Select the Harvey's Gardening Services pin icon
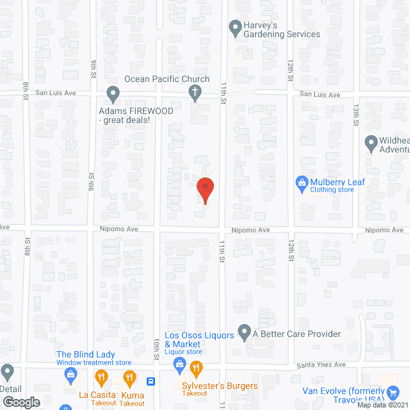tap(234, 27)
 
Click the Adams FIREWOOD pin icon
tap(113, 95)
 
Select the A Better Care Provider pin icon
tap(244, 332)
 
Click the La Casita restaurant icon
tap(98, 377)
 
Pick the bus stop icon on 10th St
tap(151, 381)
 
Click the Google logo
tap(21, 402)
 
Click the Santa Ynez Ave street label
tap(320, 365)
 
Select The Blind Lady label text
tap(85, 354)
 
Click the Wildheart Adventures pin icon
tap(371, 143)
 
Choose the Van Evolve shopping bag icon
tap(393, 391)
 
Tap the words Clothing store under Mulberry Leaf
tap(332, 190)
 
